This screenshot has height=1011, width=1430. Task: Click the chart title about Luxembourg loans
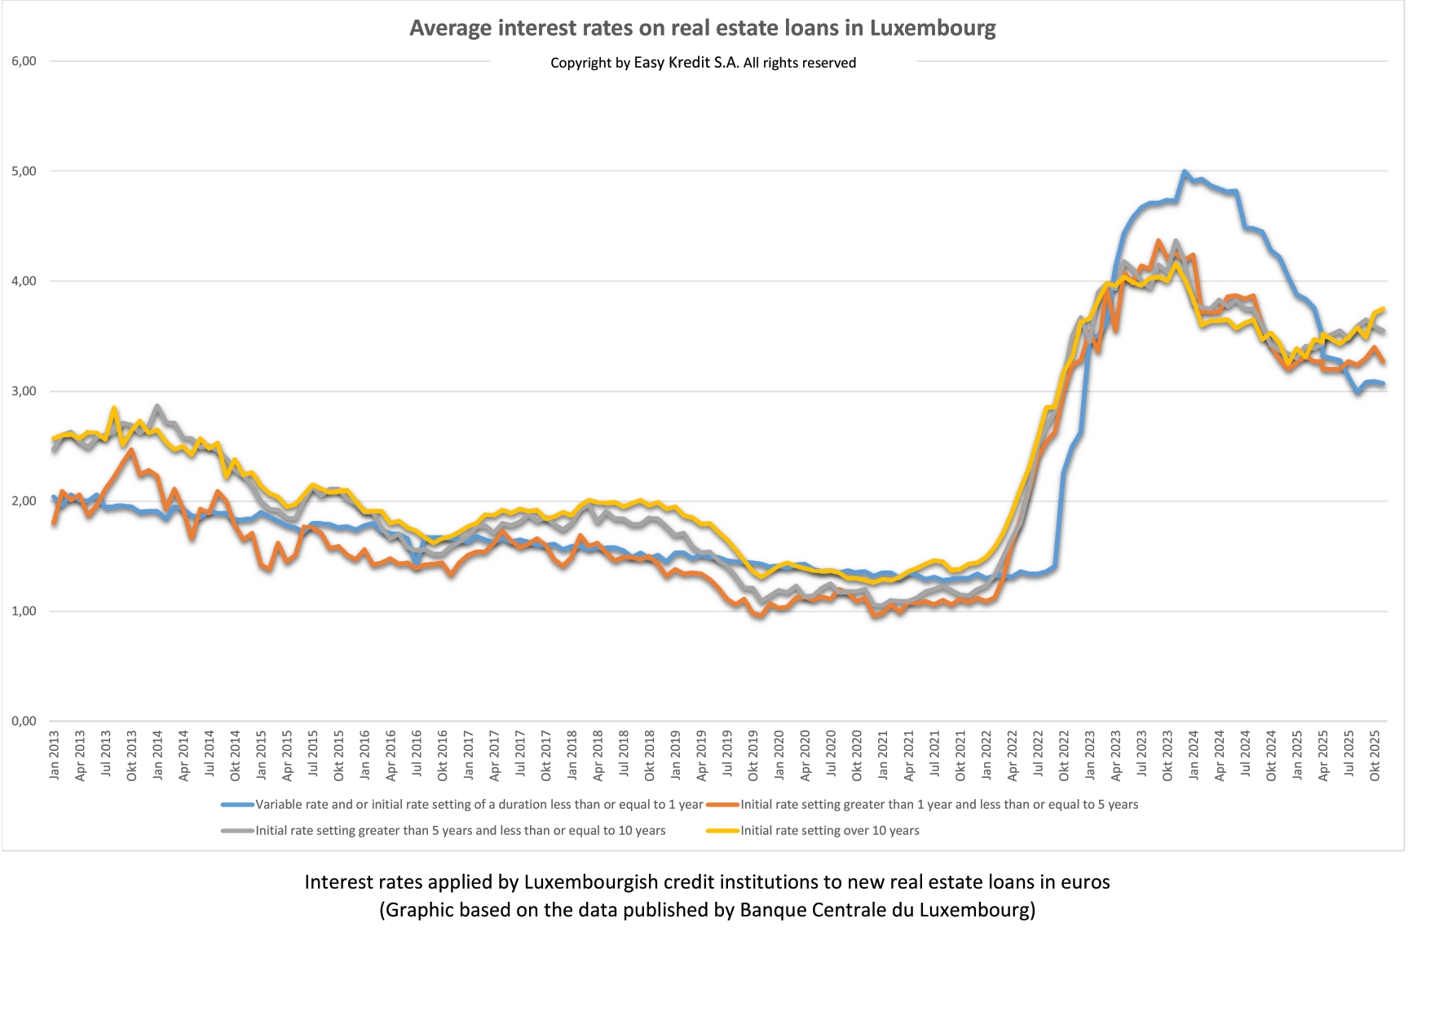point(702,29)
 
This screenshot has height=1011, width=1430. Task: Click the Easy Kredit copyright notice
point(703,63)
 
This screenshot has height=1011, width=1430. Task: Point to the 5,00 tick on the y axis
point(24,171)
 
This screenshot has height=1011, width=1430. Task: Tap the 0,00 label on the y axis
point(24,721)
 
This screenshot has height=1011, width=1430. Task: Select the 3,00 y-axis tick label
point(24,391)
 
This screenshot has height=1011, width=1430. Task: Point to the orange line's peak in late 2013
point(131,449)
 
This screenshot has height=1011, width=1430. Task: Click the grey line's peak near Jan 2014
point(157,405)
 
